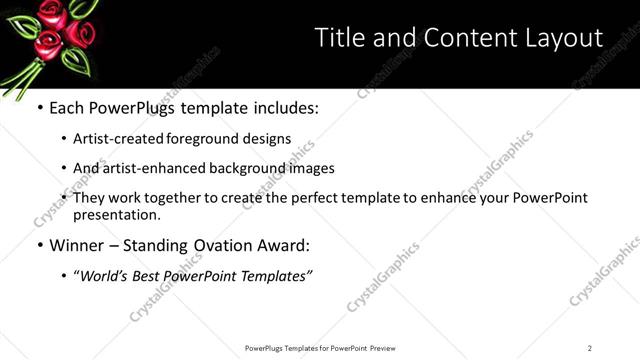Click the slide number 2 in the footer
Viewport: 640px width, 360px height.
(589, 348)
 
